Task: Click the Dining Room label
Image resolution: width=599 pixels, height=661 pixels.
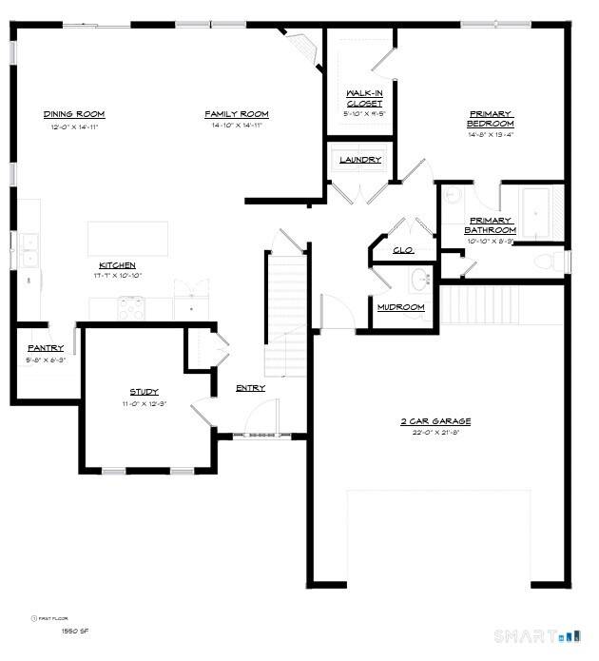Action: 73,114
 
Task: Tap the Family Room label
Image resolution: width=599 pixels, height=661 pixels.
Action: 237,114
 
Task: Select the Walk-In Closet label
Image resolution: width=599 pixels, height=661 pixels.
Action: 364,98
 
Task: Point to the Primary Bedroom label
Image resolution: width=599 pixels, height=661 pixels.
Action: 491,119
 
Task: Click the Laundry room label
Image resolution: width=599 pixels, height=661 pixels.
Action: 361,160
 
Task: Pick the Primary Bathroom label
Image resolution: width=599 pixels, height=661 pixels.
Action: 491,225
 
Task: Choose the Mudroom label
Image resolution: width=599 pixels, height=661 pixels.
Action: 400,307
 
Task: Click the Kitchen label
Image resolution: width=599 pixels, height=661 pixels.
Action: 117,264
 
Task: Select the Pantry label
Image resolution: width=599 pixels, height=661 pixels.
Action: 46,348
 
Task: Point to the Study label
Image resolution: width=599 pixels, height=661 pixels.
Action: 144,392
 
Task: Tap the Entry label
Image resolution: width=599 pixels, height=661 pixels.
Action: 251,388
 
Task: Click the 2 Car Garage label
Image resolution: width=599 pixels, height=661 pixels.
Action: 435,421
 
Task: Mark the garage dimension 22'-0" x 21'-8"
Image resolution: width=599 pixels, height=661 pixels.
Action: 435,434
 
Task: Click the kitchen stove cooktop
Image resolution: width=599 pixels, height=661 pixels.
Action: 130,307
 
